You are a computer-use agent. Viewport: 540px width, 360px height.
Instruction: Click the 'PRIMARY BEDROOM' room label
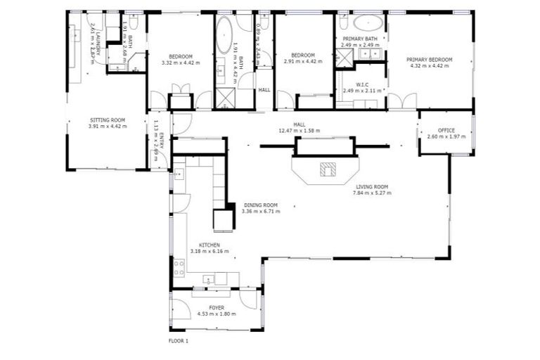click(x=429, y=60)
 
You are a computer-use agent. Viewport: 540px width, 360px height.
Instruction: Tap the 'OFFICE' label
click(x=446, y=130)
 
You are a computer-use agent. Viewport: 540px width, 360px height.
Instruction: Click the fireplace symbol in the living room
click(x=328, y=169)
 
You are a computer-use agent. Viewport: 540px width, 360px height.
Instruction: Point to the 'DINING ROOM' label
click(x=260, y=205)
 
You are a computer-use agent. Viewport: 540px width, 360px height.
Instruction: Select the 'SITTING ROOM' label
click(x=108, y=120)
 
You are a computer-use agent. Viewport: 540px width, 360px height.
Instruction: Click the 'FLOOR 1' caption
click(x=179, y=341)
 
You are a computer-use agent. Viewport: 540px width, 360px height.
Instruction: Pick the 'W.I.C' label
click(x=362, y=84)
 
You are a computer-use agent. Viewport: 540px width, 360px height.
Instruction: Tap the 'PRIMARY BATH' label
click(x=360, y=39)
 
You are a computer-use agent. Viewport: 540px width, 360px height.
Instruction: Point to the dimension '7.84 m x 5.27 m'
click(x=373, y=193)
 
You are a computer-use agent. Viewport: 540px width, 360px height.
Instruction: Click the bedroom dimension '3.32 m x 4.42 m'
click(x=181, y=62)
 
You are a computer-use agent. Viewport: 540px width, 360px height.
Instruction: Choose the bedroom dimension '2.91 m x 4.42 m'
click(x=302, y=62)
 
